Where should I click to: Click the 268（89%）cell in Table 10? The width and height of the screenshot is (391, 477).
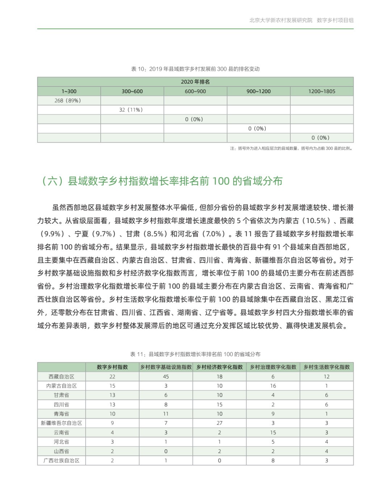68,101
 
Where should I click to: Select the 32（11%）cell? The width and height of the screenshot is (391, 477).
131,110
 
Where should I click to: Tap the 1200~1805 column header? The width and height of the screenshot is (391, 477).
321,91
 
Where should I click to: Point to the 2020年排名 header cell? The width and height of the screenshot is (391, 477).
195,82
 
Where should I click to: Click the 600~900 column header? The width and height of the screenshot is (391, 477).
195,91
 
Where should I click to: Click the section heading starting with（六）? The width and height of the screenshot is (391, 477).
162,181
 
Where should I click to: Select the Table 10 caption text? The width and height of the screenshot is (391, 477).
195,69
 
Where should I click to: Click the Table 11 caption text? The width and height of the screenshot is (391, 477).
195,354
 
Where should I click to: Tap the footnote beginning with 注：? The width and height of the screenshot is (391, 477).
291,148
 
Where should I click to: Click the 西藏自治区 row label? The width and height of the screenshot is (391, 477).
62,377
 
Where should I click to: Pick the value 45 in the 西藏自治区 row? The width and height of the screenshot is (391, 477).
166,377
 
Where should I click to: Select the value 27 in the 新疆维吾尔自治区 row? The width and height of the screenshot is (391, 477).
219,423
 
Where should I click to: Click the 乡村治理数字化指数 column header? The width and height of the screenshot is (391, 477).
273,367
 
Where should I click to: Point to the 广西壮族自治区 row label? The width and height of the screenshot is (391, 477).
62,461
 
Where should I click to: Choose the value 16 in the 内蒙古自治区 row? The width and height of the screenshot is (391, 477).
273,386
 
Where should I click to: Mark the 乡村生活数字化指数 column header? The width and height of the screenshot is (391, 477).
327,367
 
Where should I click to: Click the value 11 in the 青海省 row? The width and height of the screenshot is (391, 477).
166,414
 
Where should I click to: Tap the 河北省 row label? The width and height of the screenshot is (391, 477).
62,442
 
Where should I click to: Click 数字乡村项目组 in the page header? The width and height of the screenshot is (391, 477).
335,20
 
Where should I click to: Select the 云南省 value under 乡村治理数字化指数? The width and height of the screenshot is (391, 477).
273,432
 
